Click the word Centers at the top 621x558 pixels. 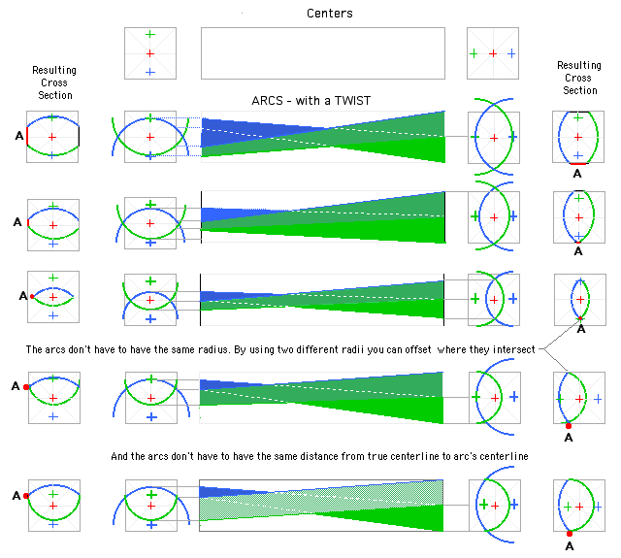[x=330, y=14]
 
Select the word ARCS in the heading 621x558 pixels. [x=268, y=101]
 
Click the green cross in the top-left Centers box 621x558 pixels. [x=150, y=35]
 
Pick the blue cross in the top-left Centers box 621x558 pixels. [x=150, y=72]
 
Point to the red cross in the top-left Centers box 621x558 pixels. [x=150, y=53]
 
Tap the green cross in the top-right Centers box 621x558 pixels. [x=474, y=53]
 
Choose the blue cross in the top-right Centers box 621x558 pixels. [x=511, y=53]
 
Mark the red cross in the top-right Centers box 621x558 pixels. [x=493, y=53]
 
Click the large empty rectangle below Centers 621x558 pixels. [x=323, y=53]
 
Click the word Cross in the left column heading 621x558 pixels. [x=54, y=82]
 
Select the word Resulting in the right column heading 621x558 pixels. [x=579, y=65]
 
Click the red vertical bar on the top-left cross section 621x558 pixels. [x=27, y=136]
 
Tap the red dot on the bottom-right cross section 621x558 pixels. [x=570, y=534]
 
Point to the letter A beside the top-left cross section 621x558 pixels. [x=19, y=136]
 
